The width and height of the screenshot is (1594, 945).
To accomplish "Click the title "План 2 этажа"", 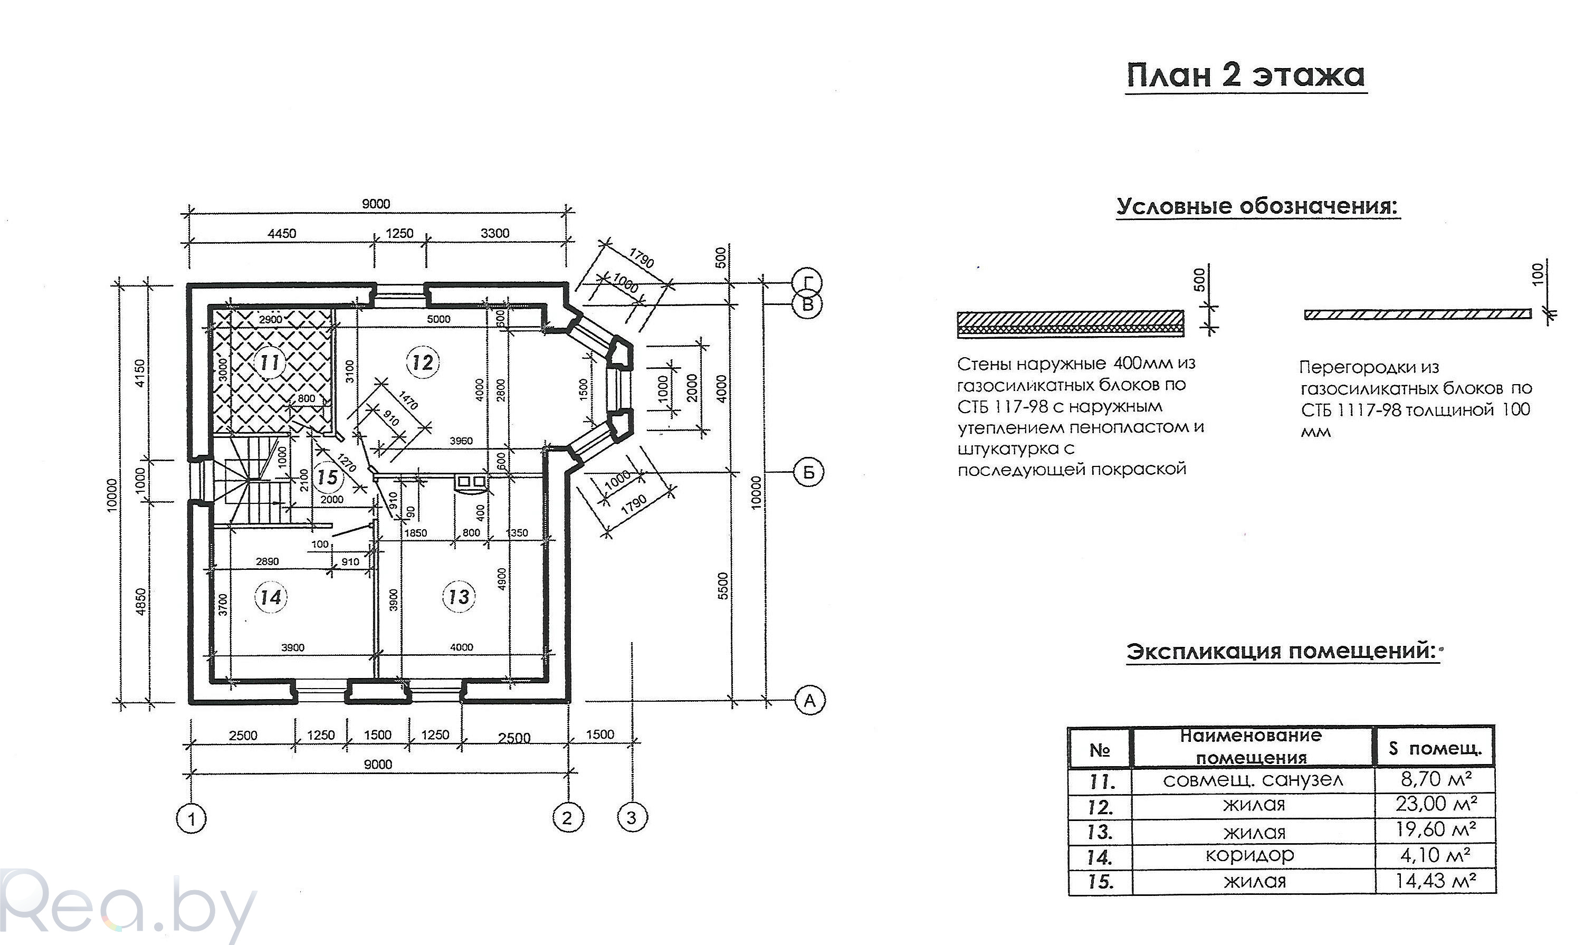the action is coord(1246,75).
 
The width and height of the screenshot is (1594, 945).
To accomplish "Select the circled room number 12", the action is coord(422,363).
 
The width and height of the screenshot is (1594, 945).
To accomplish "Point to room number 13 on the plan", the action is coord(459,597).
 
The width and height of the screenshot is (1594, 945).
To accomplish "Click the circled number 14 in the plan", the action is coord(271,597).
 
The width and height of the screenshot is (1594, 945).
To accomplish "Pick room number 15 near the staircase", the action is coord(328,477).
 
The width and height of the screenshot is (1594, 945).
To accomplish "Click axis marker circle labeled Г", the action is coord(808,282).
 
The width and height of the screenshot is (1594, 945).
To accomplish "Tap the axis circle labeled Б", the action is coord(808,473).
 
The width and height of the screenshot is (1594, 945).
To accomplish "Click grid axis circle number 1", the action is coord(192,818).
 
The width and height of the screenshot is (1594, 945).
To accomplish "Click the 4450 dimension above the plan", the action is coord(281,234).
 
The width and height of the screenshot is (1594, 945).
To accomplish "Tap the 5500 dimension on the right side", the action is coord(722,586).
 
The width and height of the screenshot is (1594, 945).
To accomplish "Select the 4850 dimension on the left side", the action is coord(141,601).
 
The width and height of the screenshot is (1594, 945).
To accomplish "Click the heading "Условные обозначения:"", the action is coord(1258,206).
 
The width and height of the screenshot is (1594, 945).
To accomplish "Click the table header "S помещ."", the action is coord(1434,749).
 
